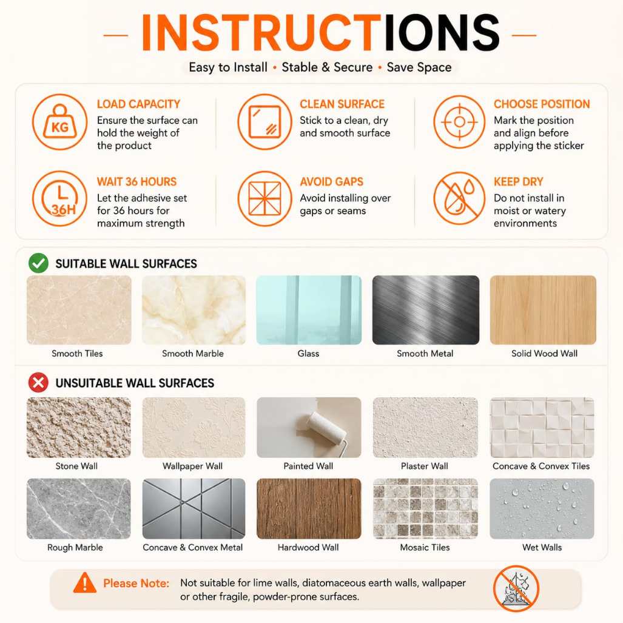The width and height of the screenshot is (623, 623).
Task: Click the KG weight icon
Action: point(59,121)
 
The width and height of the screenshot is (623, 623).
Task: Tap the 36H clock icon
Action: point(59,198)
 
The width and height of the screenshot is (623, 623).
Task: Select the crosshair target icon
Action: point(459,121)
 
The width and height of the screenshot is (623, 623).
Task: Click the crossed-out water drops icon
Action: point(459,198)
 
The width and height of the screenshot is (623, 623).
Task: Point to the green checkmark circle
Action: point(39,263)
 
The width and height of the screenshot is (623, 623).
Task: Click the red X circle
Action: point(39,383)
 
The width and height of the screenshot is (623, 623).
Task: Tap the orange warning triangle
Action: point(85,583)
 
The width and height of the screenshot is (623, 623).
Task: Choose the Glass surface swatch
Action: point(309,310)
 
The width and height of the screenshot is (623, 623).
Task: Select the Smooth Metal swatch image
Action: point(425,310)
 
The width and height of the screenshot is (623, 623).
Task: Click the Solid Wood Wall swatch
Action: point(543,310)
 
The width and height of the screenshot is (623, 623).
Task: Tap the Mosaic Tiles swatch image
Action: point(425,508)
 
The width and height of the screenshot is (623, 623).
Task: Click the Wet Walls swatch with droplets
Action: point(542,508)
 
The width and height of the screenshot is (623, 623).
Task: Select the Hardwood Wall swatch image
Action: point(309,508)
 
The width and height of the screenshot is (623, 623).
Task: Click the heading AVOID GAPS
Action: point(331,181)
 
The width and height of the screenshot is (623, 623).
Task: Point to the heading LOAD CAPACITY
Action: point(139,104)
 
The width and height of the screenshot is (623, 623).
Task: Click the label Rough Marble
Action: point(75,547)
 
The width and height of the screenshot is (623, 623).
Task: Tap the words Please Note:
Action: point(136,583)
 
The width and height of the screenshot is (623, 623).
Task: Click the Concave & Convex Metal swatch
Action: point(194,508)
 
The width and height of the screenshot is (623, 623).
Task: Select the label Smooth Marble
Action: point(193,353)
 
